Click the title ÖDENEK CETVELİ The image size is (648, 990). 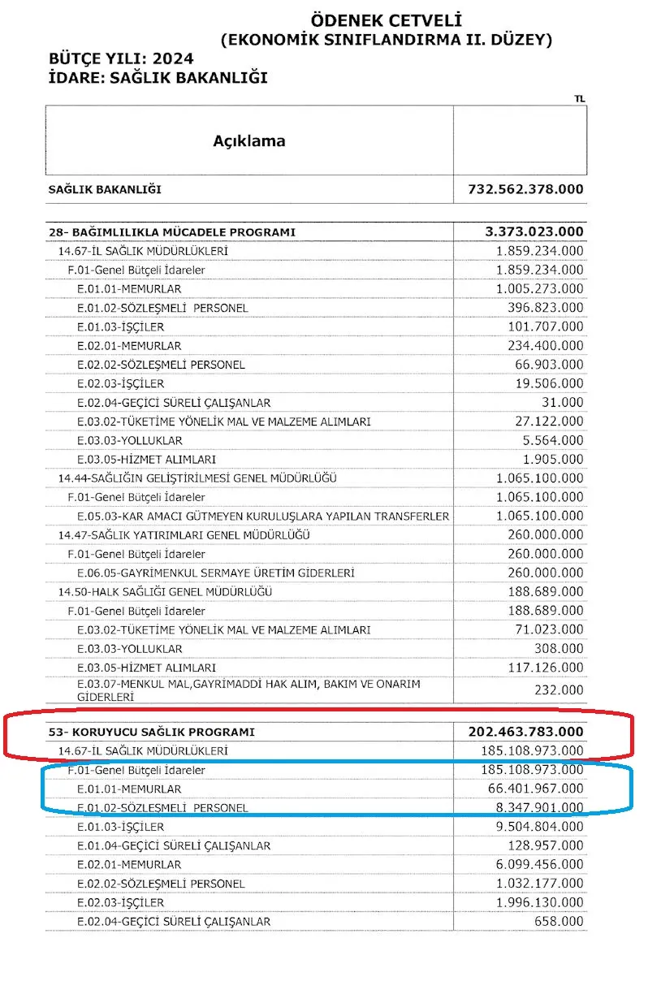click(386, 20)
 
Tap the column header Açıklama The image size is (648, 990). click(248, 141)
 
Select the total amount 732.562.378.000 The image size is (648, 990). click(525, 189)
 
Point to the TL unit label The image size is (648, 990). click(579, 99)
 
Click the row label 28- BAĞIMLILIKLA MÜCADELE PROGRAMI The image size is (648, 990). click(172, 232)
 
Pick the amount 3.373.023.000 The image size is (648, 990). click(534, 232)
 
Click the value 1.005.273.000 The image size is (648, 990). click(539, 289)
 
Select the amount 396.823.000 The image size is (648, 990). click(546, 308)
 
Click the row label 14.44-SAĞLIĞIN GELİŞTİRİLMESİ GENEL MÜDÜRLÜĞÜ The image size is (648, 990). click(197, 478)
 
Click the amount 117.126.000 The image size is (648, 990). click(546, 668)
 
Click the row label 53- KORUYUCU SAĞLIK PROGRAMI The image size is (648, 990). click(152, 732)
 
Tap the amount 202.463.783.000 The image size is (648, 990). click(525, 732)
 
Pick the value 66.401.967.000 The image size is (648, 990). click(533, 789)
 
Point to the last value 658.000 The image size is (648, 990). click(562, 922)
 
